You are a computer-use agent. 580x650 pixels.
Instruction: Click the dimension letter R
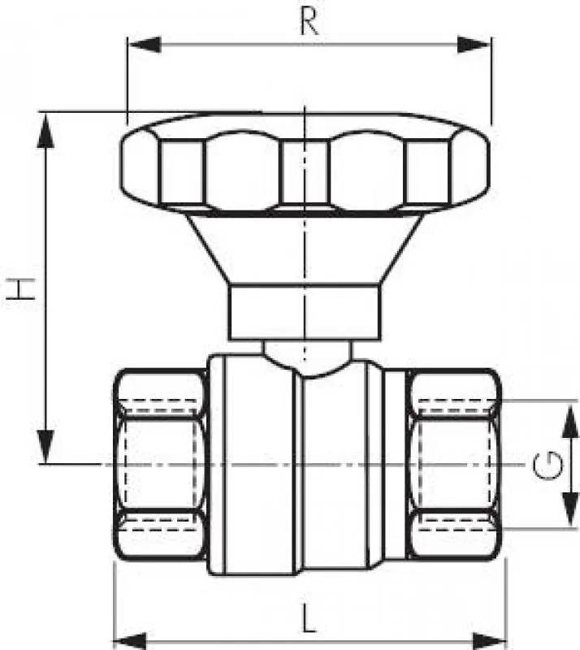309,22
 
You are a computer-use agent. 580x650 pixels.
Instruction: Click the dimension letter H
19,289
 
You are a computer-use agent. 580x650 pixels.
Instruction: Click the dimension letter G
548,465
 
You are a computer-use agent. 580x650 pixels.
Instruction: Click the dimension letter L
308,617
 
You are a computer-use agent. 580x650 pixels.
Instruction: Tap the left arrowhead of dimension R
144,45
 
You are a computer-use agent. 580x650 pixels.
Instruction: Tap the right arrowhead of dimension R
474,45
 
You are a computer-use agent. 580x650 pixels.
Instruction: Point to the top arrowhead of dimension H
45,129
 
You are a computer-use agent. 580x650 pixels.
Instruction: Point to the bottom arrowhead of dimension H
45,447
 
